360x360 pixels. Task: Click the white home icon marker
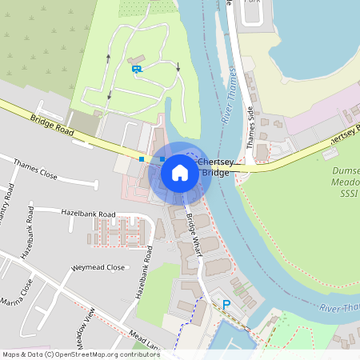coord(180,172)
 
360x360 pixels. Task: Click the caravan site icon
coord(137,69)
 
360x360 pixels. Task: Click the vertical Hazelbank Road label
coord(143,272)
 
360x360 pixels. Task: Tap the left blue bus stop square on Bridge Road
coord(142,159)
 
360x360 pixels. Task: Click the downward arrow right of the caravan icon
coord(178,66)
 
